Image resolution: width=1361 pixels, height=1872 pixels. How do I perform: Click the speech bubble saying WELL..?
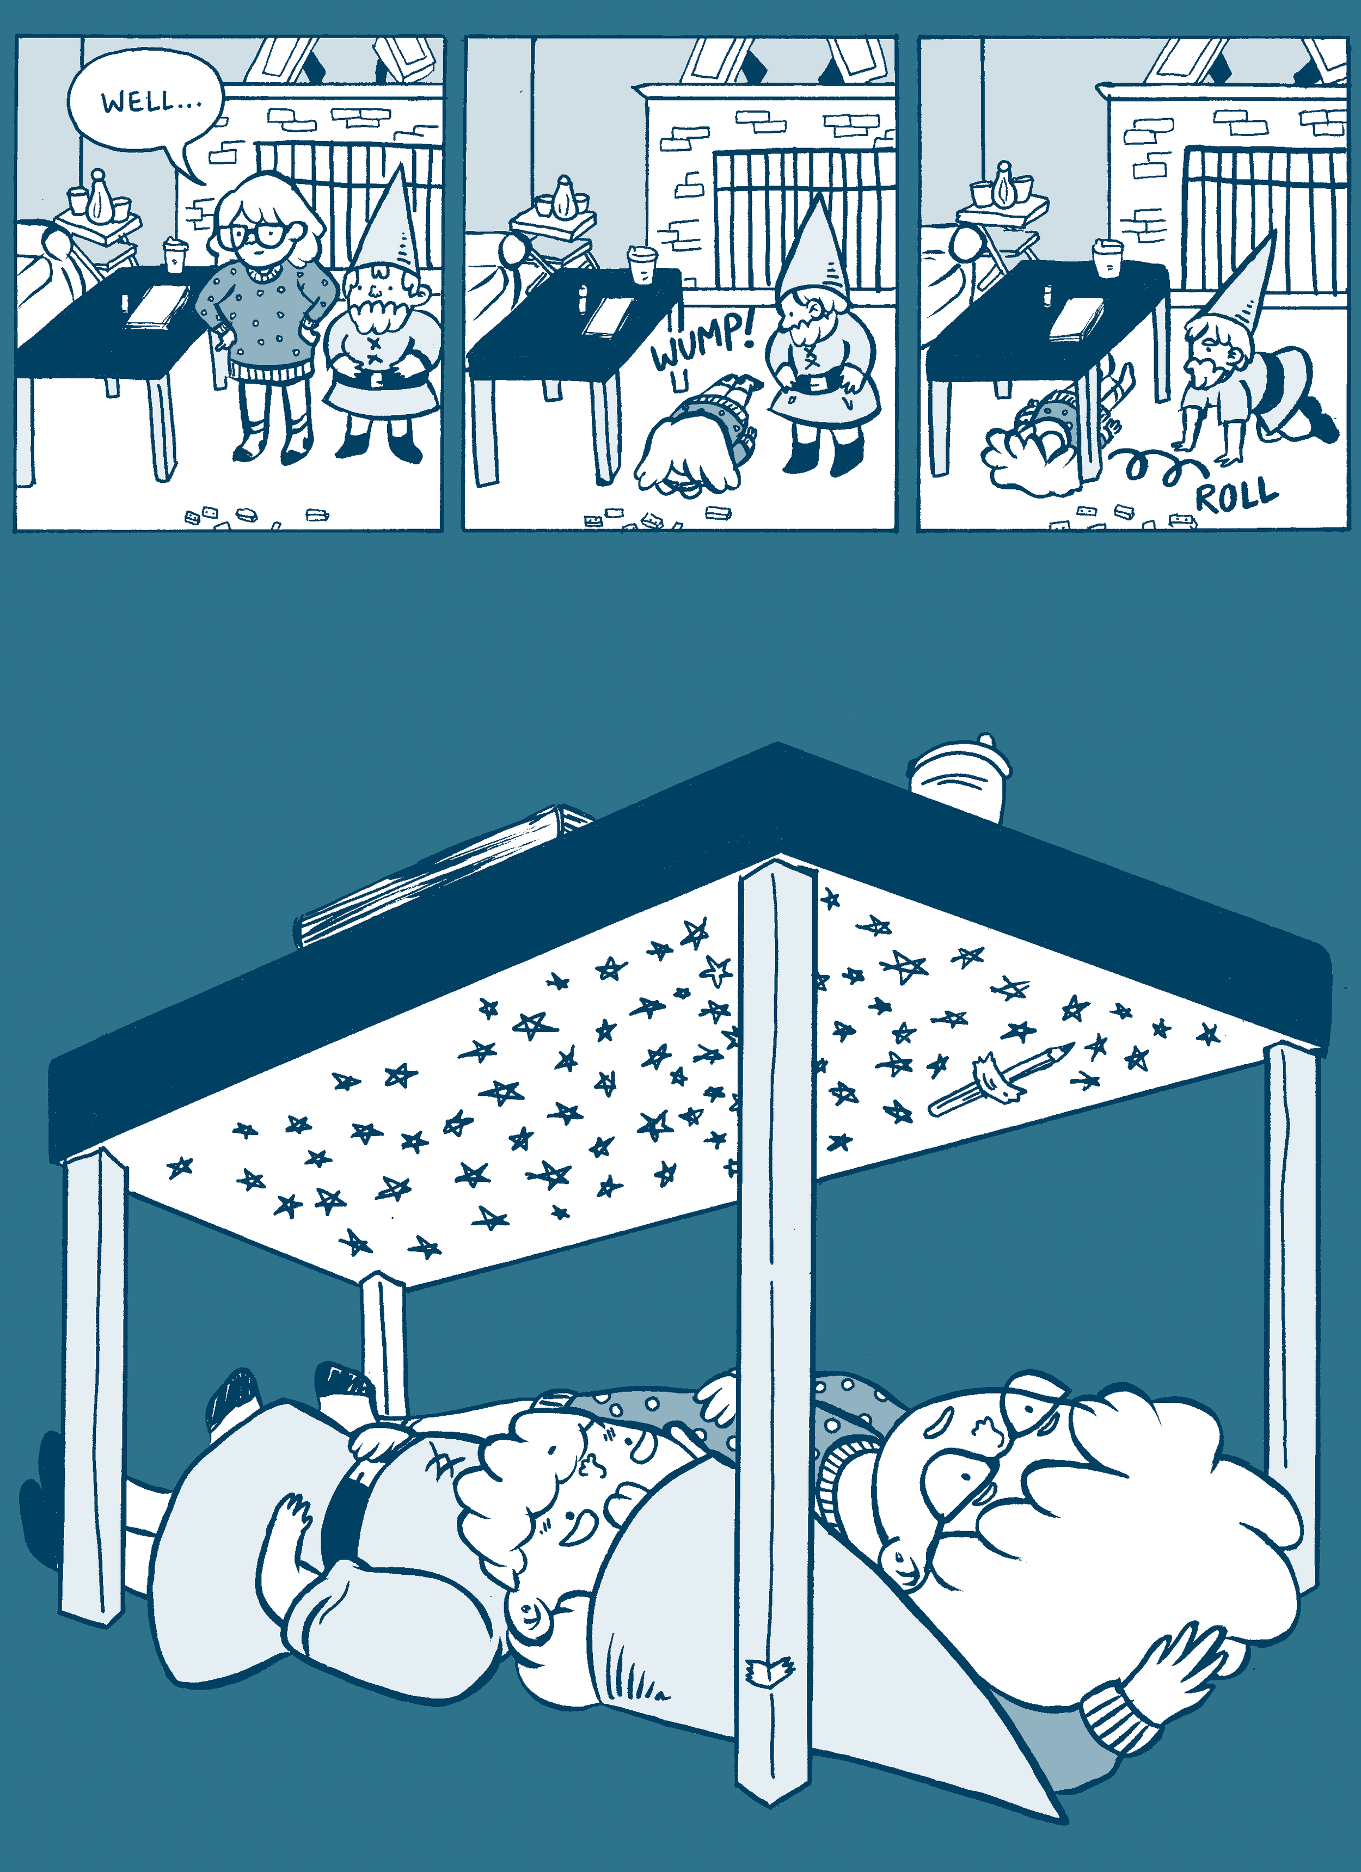point(147,103)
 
